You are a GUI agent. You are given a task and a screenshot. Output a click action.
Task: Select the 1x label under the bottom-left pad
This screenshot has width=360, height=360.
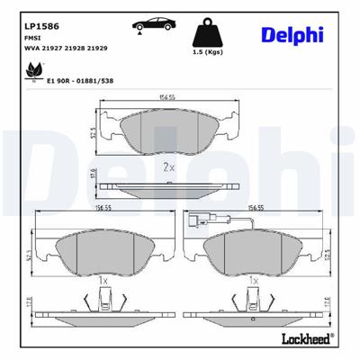pos(103,281)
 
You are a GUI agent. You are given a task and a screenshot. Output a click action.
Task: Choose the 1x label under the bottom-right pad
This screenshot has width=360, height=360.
pos(256,281)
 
